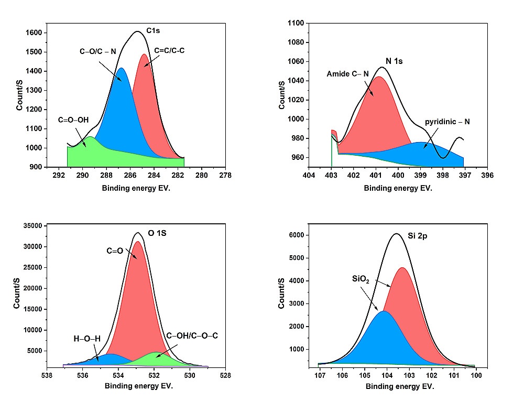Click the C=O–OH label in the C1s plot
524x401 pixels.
(73, 120)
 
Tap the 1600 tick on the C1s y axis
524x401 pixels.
(35, 32)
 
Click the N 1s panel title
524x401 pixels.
(394, 61)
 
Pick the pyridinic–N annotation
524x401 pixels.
(447, 122)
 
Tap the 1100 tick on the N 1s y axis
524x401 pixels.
(297, 23)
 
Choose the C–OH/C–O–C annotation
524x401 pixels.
(191, 334)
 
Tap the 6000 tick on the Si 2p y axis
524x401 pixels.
(297, 235)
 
